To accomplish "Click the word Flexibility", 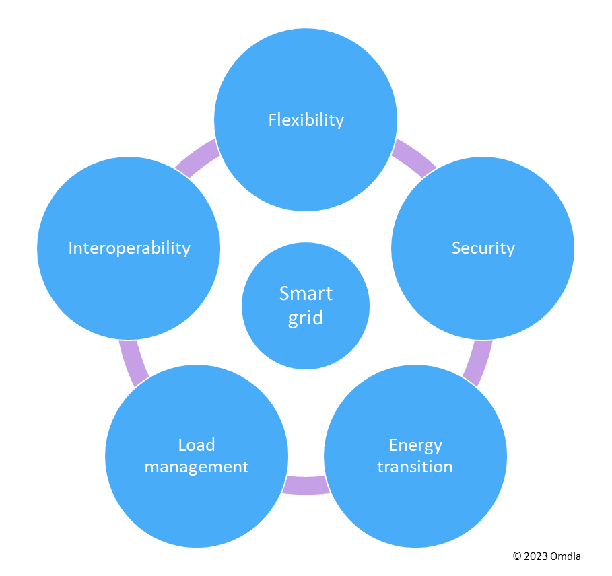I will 306,120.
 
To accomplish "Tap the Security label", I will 483,248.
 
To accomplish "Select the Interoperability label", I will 129,248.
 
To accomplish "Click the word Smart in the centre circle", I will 306,294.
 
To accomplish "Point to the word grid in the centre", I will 306,318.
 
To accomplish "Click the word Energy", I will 415,445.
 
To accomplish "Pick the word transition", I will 415,467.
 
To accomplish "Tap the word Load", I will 197,445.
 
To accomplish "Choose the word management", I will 197,467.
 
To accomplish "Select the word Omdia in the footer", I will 565,556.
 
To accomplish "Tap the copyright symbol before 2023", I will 517,556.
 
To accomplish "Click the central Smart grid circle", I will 306,336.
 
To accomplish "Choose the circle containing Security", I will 483,283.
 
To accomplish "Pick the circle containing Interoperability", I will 129,283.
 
